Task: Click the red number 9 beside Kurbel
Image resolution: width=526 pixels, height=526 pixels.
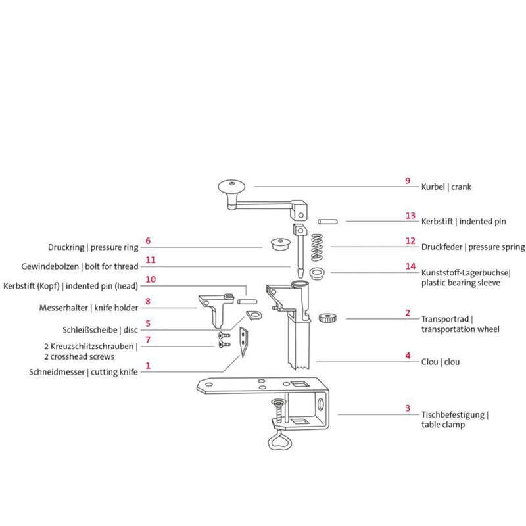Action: point(408,180)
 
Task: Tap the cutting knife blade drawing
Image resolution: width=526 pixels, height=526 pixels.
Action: point(243,343)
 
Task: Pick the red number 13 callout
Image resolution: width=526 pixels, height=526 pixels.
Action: point(410,215)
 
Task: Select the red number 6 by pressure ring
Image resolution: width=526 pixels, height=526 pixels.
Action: point(148,241)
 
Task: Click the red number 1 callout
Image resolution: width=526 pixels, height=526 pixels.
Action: point(148,365)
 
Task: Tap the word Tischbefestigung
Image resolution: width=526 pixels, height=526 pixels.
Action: point(454,415)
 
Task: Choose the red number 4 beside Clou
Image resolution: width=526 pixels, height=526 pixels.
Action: point(408,355)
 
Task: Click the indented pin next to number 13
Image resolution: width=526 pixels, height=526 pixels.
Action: point(327,221)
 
